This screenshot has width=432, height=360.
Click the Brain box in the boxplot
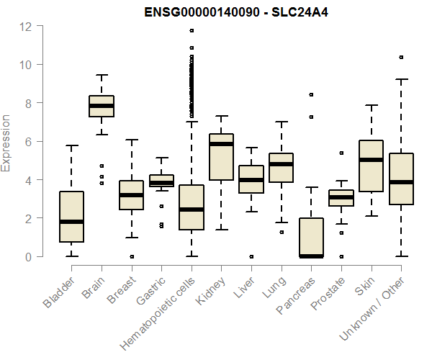tap(102, 106)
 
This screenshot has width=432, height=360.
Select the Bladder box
tap(71, 217)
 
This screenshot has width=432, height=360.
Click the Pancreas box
tap(311, 237)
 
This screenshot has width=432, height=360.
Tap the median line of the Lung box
tap(281, 164)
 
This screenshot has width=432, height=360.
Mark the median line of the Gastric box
tap(161, 183)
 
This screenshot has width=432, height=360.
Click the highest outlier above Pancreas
tap(311, 94)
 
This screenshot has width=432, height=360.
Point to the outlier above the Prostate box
tap(341, 153)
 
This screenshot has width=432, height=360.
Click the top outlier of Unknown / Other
tap(401, 57)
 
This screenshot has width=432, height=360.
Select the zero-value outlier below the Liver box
tap(251, 256)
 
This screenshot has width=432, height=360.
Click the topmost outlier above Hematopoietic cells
tap(192, 31)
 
